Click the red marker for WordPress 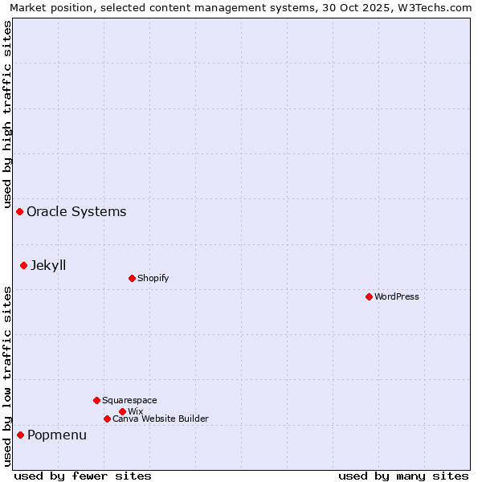point(369,296)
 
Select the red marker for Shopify point(132,278)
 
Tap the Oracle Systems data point point(19,211)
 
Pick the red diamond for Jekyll point(23,265)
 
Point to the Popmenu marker point(20,435)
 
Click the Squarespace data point point(96,400)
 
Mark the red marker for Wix point(122,411)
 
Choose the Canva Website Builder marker point(107,419)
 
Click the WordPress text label point(397,296)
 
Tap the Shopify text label point(153,278)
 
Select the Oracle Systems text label point(76,211)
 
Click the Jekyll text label point(48,265)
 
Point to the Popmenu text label point(57,435)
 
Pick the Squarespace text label point(129,400)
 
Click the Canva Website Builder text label point(161,419)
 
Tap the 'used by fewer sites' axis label point(83,476)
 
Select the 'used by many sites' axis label point(403,476)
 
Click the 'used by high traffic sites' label point(7,112)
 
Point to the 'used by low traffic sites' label point(7,376)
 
